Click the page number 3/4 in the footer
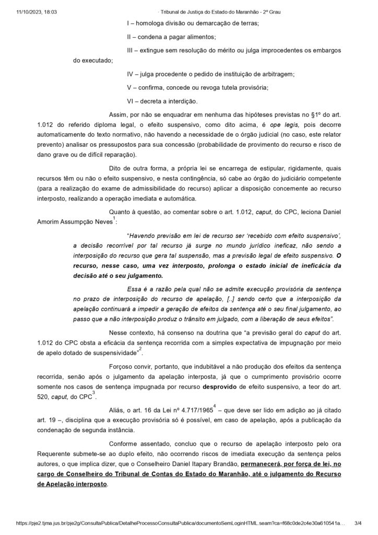[x=358, y=522]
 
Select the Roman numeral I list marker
[x=128, y=24]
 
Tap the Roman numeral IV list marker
[x=131, y=75]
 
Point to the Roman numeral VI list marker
[x=131, y=100]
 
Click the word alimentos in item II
[x=199, y=37]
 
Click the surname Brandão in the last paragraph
[x=223, y=463]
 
